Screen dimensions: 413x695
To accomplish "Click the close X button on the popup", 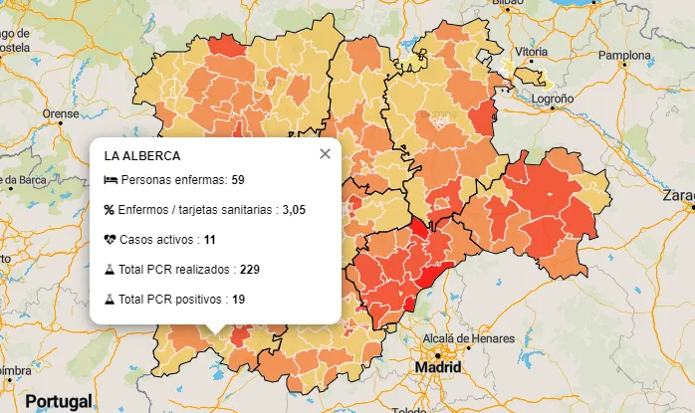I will click(x=325, y=153).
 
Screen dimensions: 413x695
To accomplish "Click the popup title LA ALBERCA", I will click(x=142, y=156).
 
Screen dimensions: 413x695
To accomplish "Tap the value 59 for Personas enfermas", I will click(x=238, y=180).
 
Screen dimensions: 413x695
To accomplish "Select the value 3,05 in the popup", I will click(x=294, y=210).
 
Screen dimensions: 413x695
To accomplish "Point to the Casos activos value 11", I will click(x=209, y=240).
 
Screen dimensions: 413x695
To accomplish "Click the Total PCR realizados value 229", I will click(x=250, y=269).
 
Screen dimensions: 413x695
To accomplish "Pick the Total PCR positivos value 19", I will click(x=239, y=299).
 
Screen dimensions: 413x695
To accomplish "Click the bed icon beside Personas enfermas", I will click(x=111, y=180).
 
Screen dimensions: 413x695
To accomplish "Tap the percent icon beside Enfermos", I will click(x=110, y=210).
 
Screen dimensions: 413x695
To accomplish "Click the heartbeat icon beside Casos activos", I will click(x=111, y=240).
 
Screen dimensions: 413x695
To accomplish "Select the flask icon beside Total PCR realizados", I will click(x=111, y=269).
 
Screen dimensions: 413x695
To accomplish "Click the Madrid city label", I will click(x=432, y=368).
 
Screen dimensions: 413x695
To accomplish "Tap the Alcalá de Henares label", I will click(x=473, y=337).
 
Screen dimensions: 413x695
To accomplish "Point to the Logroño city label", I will click(x=553, y=100).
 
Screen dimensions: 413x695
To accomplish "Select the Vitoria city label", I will click(x=532, y=52).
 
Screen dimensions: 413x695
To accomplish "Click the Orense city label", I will click(x=60, y=113).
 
